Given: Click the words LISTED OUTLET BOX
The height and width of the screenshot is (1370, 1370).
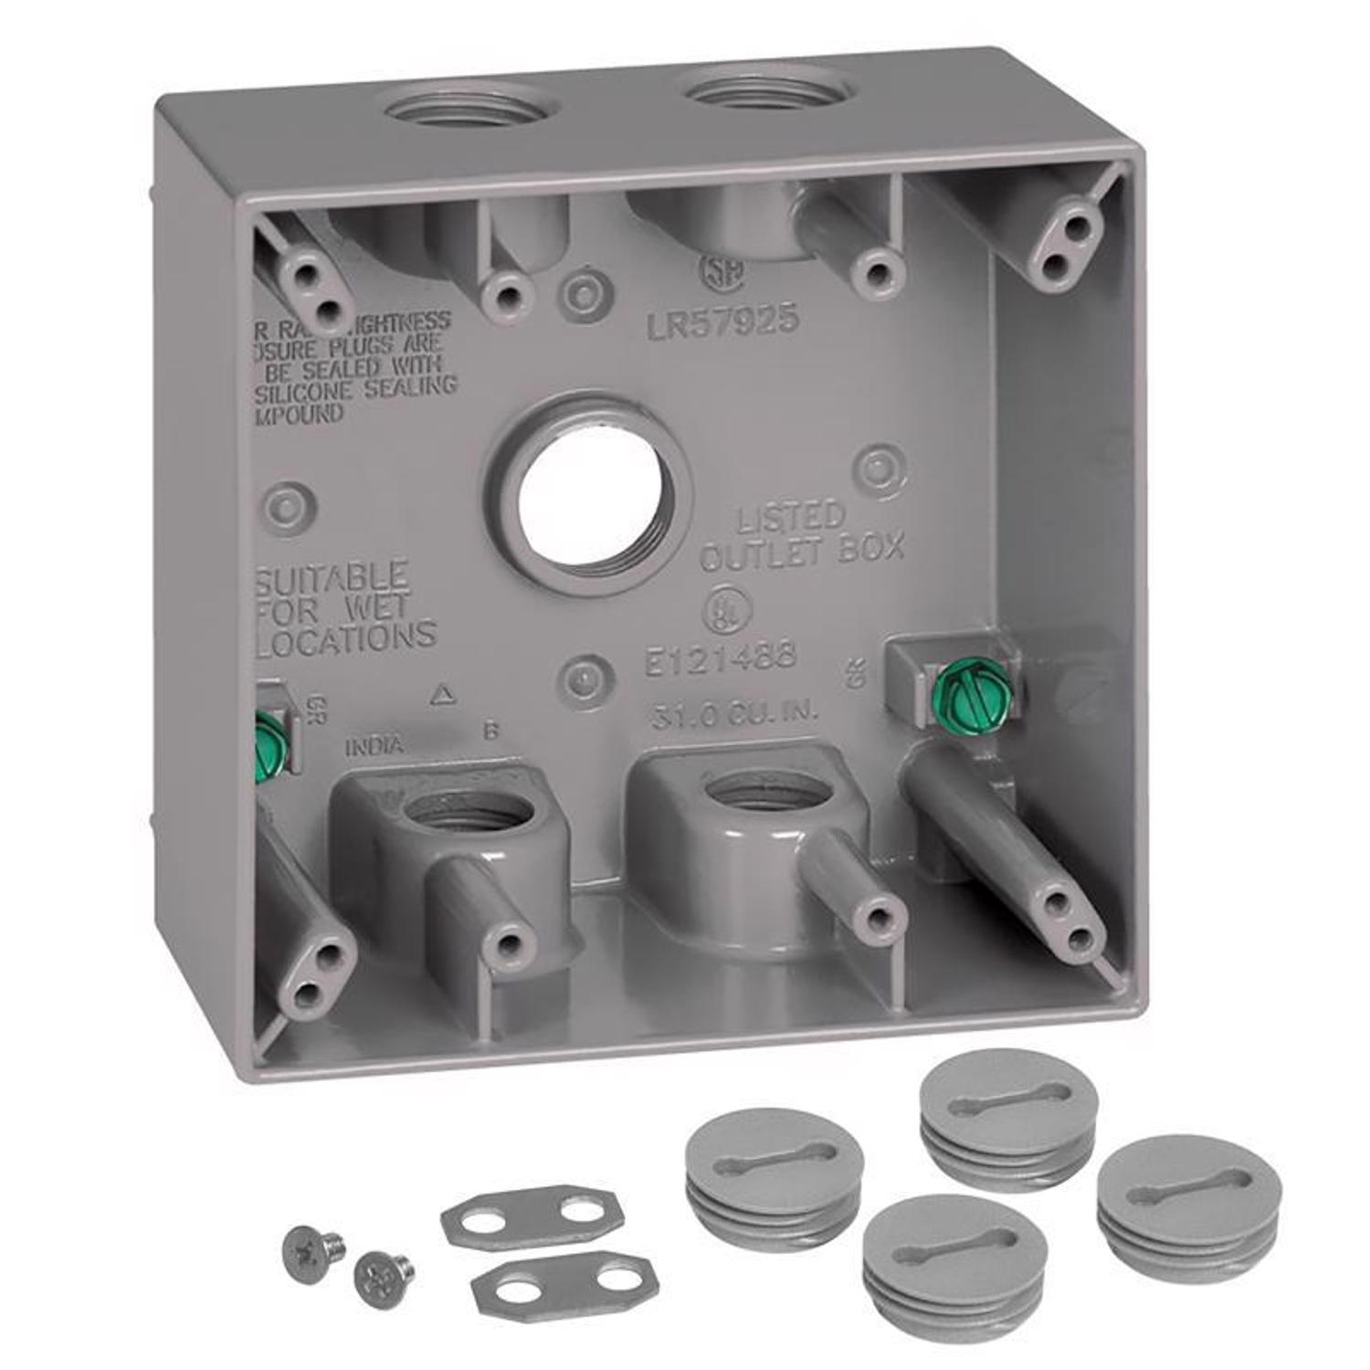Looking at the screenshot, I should [x=801, y=536].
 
